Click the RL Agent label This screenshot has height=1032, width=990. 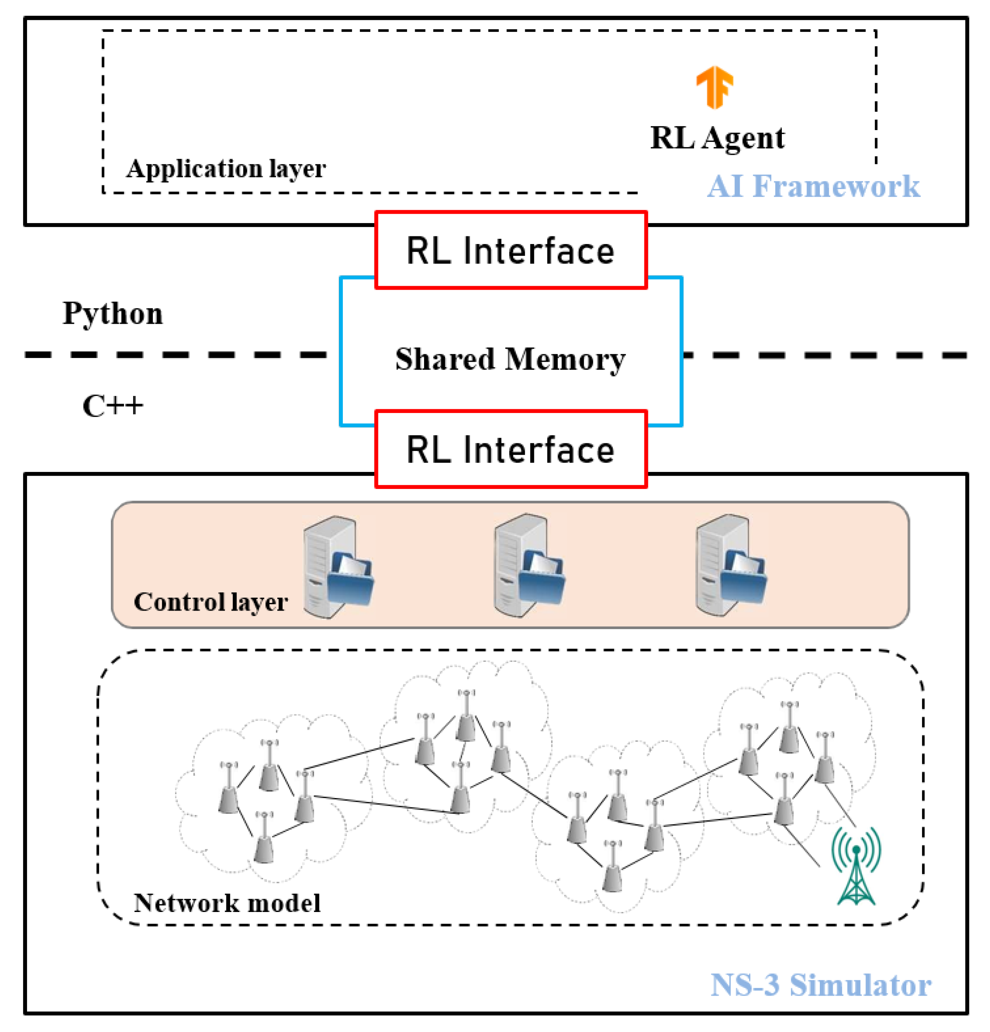717,138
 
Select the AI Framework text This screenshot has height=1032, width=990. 813,186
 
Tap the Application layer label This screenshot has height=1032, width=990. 226,168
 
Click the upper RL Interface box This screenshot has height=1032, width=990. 510,251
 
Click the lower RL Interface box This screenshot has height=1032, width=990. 510,450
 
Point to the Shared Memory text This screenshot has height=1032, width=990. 510,359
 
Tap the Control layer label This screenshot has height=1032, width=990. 210,602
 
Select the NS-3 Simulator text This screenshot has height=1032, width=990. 820,985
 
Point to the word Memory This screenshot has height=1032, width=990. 565,359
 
